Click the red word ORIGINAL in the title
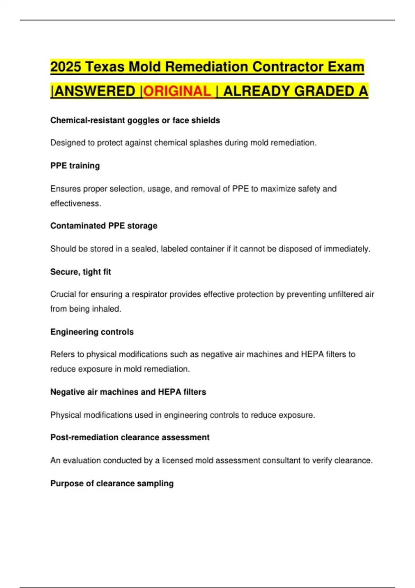(x=177, y=91)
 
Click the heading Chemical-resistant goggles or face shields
(x=135, y=120)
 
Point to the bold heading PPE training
(x=75, y=166)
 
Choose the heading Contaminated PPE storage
(x=104, y=226)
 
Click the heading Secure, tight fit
(x=81, y=272)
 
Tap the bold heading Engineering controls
(x=92, y=332)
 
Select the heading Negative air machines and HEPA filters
(x=128, y=392)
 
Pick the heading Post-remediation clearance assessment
(x=130, y=438)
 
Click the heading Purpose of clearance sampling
(x=112, y=484)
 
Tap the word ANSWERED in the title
(x=95, y=91)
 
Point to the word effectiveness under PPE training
(x=75, y=203)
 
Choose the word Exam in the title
(x=347, y=67)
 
